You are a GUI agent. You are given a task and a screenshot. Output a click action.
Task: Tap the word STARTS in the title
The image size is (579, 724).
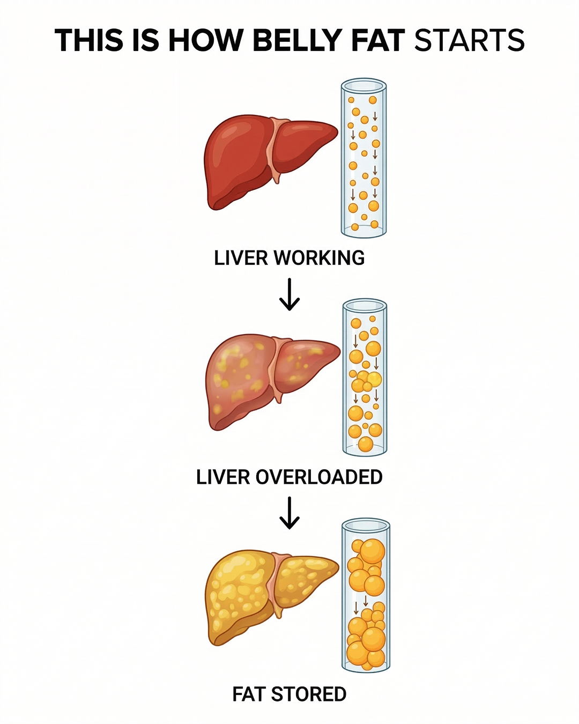[469, 40]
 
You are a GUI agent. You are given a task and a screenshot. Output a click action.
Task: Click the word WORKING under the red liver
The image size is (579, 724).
[319, 258]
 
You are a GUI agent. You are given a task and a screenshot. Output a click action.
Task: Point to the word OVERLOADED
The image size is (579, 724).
[319, 477]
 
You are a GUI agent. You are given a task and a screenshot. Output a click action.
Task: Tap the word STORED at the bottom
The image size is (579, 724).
[308, 694]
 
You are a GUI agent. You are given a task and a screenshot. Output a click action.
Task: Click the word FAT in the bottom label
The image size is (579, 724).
[248, 694]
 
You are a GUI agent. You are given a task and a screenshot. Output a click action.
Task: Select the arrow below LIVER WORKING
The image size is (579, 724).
[289, 294]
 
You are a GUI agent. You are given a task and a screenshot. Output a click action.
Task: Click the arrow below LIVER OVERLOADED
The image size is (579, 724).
[289, 513]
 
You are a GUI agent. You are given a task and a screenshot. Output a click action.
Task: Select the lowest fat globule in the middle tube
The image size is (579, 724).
[366, 444]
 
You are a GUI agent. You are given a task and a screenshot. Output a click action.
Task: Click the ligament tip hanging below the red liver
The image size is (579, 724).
[277, 180]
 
